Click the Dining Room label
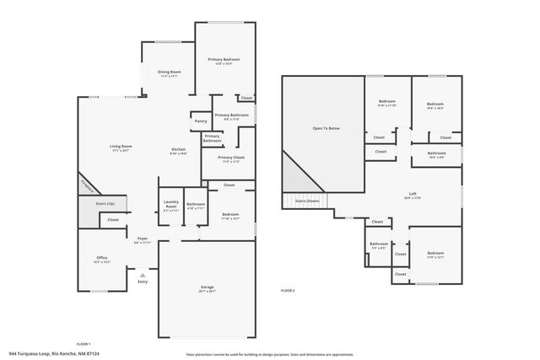(170, 72)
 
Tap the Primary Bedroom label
(224, 60)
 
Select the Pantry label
(201, 121)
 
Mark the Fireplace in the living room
(88, 184)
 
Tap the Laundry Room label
(171, 207)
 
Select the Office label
(101, 258)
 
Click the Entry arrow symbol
(143, 274)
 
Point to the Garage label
(207, 287)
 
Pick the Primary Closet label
(230, 158)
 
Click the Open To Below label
(326, 128)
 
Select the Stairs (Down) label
(306, 201)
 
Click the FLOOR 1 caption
(83, 344)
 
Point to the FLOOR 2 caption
(288, 290)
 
